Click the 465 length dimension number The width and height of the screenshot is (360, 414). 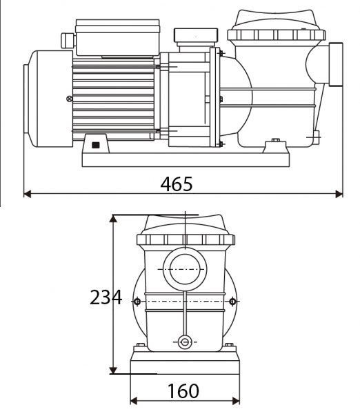(x=177, y=184)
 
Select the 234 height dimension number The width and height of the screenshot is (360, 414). (x=106, y=297)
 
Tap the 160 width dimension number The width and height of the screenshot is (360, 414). (x=183, y=391)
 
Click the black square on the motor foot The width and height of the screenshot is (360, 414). (x=94, y=146)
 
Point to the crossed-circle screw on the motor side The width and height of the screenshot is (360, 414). (x=68, y=98)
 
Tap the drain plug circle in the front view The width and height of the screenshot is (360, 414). (x=184, y=342)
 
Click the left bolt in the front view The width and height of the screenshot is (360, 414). (x=137, y=302)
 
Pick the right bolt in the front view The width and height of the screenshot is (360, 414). (x=232, y=302)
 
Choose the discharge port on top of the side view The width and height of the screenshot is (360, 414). (x=193, y=37)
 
